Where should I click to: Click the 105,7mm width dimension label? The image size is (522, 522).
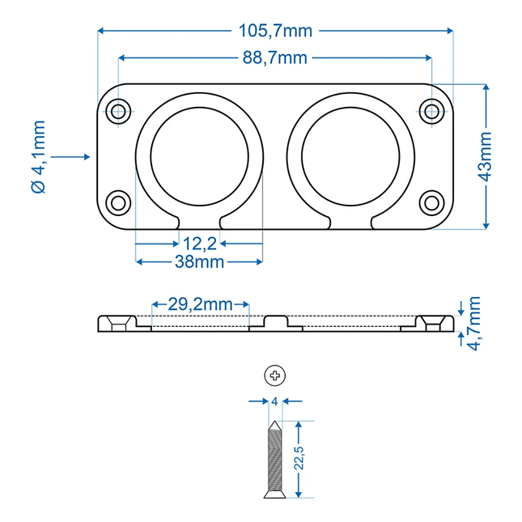click(x=275, y=31)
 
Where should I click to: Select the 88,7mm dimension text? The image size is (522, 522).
click(x=275, y=57)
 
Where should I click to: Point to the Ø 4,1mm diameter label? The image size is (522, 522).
click(x=38, y=156)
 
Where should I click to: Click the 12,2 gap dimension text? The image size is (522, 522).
click(x=199, y=243)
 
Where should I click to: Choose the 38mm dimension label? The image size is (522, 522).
click(x=198, y=261)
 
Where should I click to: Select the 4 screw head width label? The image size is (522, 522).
click(x=274, y=401)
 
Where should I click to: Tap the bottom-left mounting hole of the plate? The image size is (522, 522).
click(x=119, y=202)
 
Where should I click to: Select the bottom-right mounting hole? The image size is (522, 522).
click(x=432, y=202)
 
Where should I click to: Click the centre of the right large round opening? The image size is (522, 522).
click(x=350, y=155)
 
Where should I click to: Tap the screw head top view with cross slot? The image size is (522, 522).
click(x=275, y=375)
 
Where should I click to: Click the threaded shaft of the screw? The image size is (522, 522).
click(x=275, y=457)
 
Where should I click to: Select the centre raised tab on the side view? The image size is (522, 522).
click(x=276, y=322)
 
